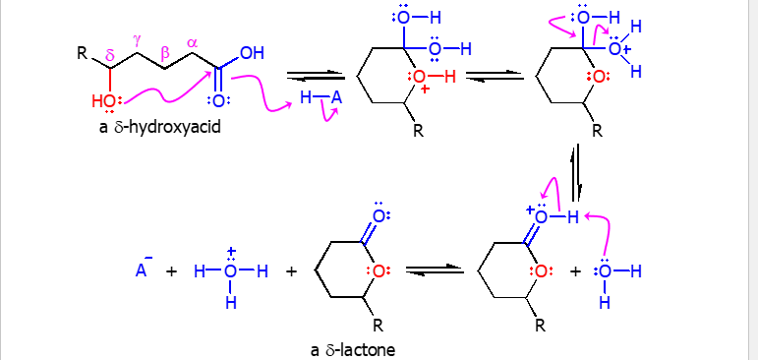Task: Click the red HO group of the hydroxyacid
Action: tap(103, 100)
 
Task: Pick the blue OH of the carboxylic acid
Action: tap(252, 53)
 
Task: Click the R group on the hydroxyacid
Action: tap(83, 52)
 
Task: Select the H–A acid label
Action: tap(321, 97)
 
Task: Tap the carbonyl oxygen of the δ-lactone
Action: tap(379, 216)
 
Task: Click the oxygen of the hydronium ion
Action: tap(230, 270)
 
